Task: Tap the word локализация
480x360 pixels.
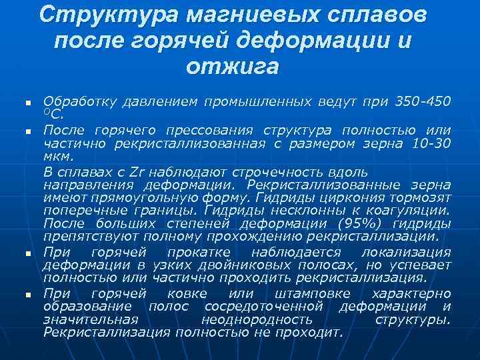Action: click(x=405, y=252)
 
